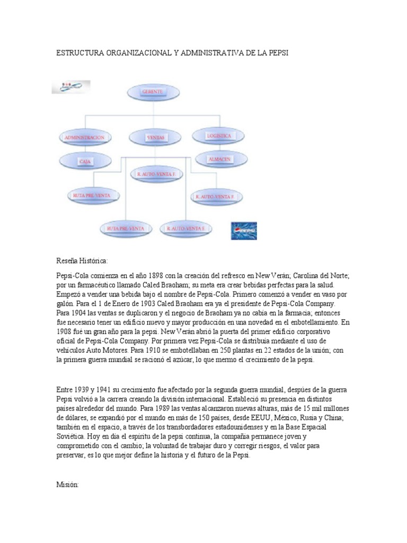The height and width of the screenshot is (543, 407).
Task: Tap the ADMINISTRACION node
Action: click(85, 137)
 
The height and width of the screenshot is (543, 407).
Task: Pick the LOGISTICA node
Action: click(218, 136)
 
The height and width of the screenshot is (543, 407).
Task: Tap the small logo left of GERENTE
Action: click(71, 87)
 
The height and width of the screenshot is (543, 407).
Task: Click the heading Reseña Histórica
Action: click(82, 261)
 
